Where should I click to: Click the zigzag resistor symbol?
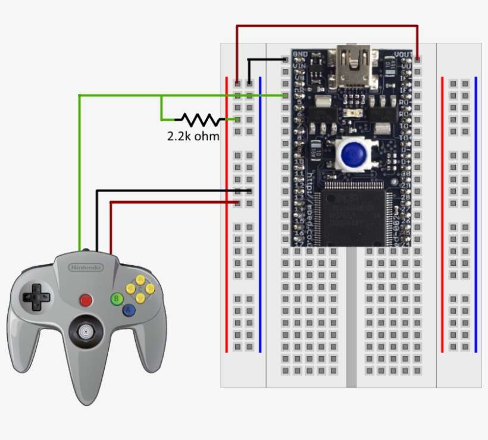click(199, 120)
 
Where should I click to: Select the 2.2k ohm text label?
click(193, 136)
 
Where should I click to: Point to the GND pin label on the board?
click(300, 54)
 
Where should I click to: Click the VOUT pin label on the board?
click(403, 54)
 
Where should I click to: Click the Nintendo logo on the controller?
click(87, 268)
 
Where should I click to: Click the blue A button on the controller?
click(128, 310)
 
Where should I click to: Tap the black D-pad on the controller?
click(36, 296)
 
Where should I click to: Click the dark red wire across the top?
click(327, 26)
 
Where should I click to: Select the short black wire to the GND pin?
click(265, 59)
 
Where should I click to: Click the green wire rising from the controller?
click(79, 178)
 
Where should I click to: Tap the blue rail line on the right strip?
click(476, 214)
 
